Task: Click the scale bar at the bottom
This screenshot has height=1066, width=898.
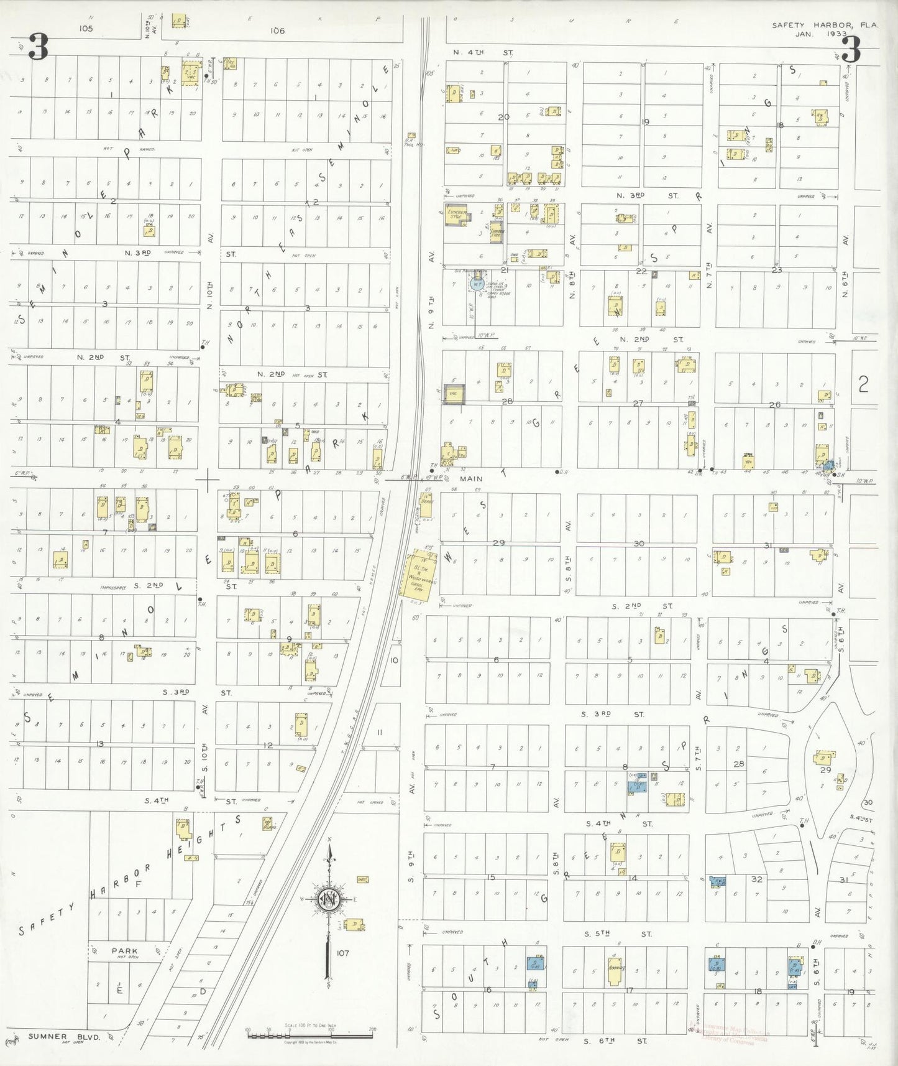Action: [x=309, y=1036]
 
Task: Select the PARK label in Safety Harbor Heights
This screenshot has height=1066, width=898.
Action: [x=124, y=950]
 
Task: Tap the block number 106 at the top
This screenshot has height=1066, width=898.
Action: [x=277, y=30]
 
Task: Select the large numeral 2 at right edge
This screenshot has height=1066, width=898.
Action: [x=863, y=385]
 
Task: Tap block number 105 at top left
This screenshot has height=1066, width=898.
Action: [x=85, y=28]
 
